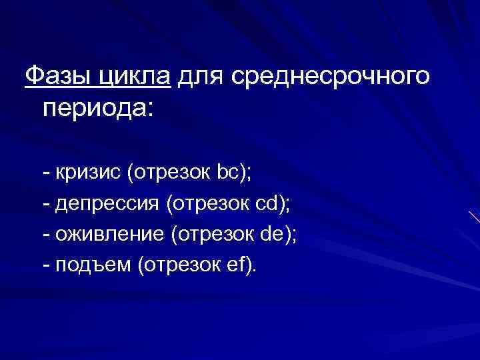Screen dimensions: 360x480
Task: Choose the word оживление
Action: tap(108, 235)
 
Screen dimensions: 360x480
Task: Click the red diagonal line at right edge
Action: tap(474, 217)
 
